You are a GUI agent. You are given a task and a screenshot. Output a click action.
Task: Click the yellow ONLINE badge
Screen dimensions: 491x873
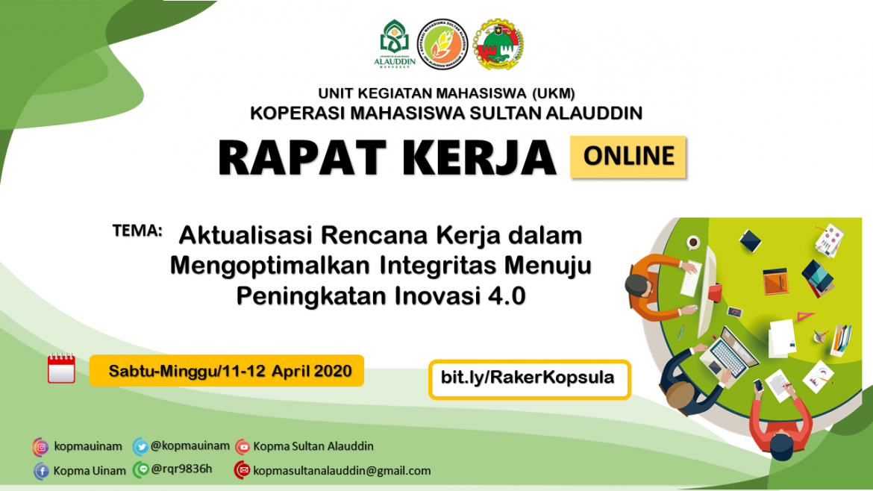pyautogui.click(x=628, y=157)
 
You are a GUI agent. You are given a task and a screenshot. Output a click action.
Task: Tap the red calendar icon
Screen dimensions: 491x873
pyautogui.click(x=61, y=369)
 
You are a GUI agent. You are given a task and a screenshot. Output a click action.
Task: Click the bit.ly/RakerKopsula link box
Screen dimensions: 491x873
pyautogui.click(x=529, y=378)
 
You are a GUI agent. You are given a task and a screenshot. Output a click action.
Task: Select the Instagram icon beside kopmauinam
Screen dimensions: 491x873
pyautogui.click(x=40, y=446)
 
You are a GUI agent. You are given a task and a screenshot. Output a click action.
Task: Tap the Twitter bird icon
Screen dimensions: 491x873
pyautogui.click(x=140, y=446)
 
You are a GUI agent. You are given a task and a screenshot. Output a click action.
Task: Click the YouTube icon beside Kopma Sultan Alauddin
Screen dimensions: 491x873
pyautogui.click(x=242, y=446)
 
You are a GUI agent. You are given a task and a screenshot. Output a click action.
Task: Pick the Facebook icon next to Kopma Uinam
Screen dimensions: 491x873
pyautogui.click(x=40, y=471)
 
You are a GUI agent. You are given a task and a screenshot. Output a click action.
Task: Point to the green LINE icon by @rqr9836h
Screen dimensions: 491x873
pyautogui.click(x=140, y=469)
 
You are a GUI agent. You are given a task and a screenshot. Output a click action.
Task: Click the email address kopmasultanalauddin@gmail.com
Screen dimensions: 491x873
pyautogui.click(x=342, y=471)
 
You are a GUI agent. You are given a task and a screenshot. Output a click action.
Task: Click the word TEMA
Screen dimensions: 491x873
pyautogui.click(x=137, y=230)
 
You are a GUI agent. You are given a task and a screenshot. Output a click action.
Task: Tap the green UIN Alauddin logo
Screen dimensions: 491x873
pyautogui.click(x=391, y=44)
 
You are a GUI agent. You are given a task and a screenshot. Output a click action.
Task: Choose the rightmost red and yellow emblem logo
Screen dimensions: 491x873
pyautogui.click(x=498, y=44)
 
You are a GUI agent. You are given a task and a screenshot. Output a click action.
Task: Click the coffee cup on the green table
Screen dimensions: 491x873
pyautogui.click(x=693, y=242)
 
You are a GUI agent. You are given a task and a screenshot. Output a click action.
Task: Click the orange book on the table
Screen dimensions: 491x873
pyautogui.click(x=776, y=281)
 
